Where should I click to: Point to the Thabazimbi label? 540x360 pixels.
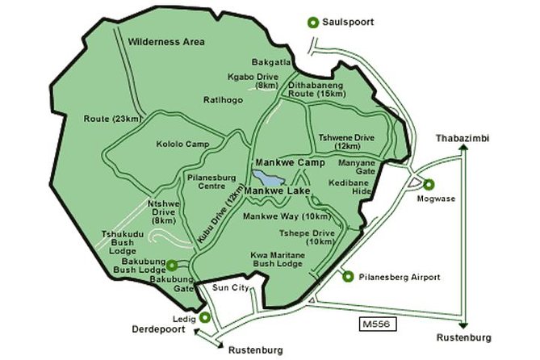point(463,138)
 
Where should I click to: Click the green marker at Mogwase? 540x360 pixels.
point(428,184)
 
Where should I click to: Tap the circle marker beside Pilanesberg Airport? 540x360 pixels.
point(348,277)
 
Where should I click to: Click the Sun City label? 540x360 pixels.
point(227,287)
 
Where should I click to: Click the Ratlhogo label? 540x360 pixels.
point(219,99)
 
